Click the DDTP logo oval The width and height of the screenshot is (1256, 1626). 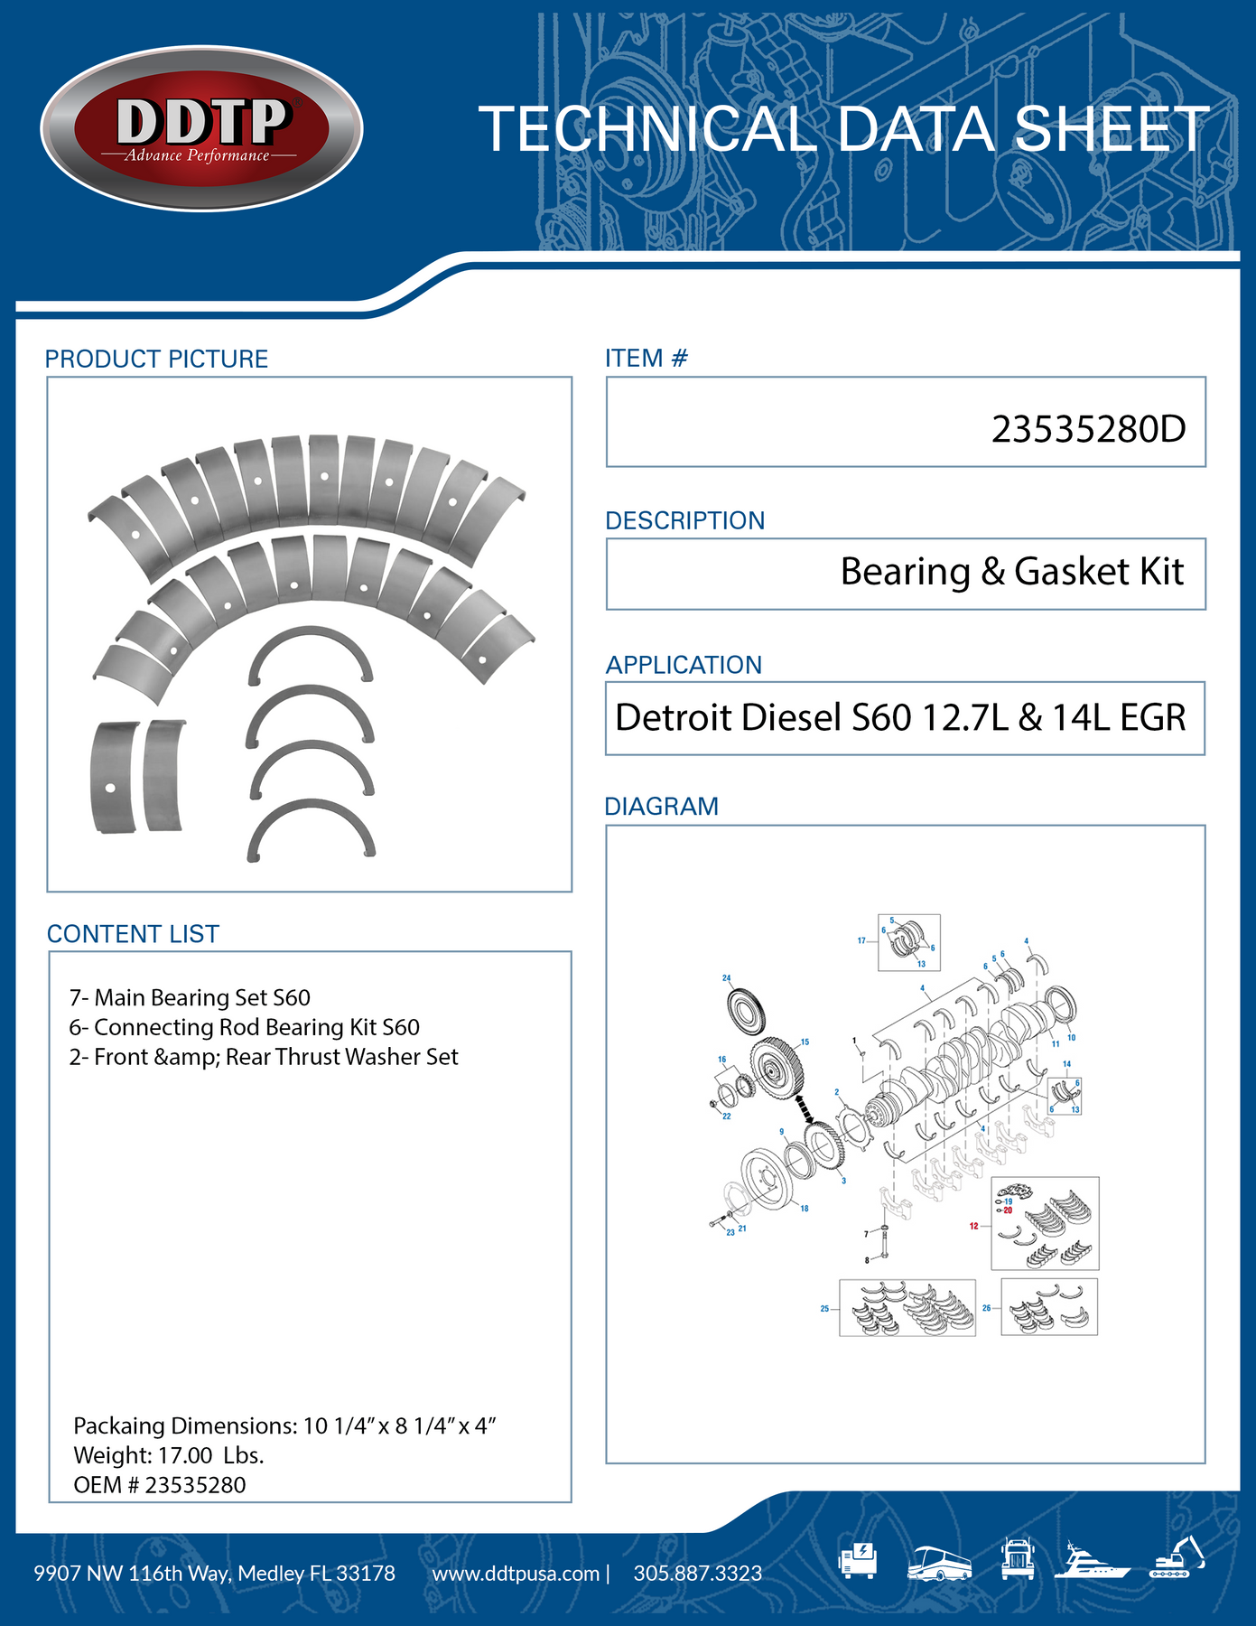(201, 128)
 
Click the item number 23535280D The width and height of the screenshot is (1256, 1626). (1088, 429)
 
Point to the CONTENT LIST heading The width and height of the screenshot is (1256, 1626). (133, 934)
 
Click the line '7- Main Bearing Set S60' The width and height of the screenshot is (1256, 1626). (190, 997)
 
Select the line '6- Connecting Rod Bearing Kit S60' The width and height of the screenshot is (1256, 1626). (244, 1027)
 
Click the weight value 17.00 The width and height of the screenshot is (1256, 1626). (185, 1455)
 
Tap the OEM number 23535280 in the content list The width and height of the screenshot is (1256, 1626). (195, 1485)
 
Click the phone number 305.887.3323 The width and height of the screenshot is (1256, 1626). (697, 1574)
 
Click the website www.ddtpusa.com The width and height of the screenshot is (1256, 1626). (516, 1574)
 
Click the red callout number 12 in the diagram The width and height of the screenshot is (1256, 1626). (973, 1226)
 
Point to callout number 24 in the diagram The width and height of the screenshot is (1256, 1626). (726, 977)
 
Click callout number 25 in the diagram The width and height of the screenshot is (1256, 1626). (824, 1308)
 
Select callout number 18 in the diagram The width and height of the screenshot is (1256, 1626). (805, 1209)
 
